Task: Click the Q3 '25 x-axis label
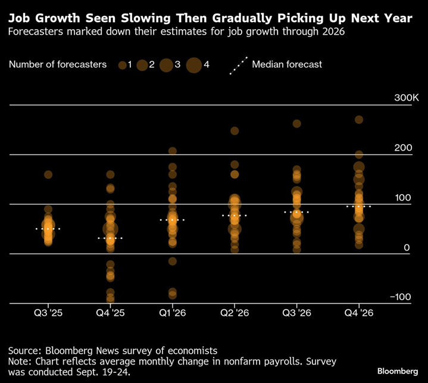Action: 48,312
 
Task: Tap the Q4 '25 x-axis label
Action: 110,312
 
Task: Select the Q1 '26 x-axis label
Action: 172,312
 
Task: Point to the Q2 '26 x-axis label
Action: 235,312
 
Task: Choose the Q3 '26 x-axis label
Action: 296,312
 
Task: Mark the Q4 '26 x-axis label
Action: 358,312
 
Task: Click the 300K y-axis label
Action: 399,98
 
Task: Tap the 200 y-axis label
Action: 402,147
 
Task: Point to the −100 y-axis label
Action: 400,297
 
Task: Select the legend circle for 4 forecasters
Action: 194,65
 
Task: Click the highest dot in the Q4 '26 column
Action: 359,120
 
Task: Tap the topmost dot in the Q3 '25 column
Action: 48,175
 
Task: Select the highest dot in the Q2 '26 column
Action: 235,131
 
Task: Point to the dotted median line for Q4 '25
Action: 110,238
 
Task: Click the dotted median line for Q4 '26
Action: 358,207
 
